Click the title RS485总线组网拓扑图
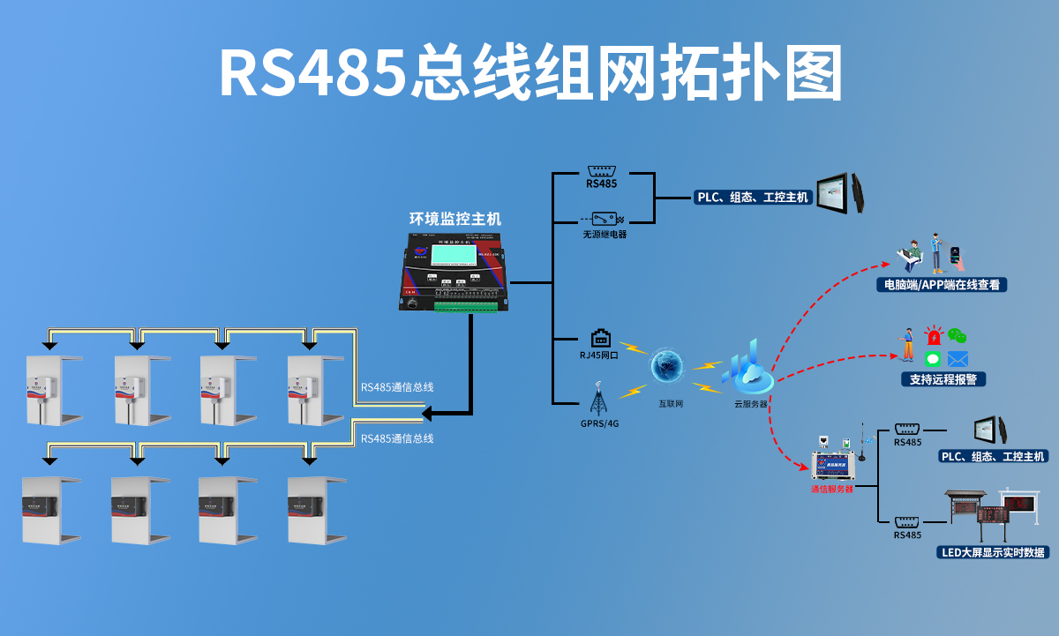point(530,72)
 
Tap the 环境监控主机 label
point(454,218)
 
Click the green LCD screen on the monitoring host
point(452,256)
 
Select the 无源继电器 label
point(605,235)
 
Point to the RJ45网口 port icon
point(601,337)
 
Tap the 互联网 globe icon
point(667,366)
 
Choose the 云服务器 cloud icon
point(749,371)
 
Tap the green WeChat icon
point(958,336)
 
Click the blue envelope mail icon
point(958,359)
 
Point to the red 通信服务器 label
point(832,488)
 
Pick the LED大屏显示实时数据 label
point(993,552)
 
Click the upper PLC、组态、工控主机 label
point(753,198)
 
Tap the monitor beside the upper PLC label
point(837,192)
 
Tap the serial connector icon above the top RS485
point(601,170)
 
